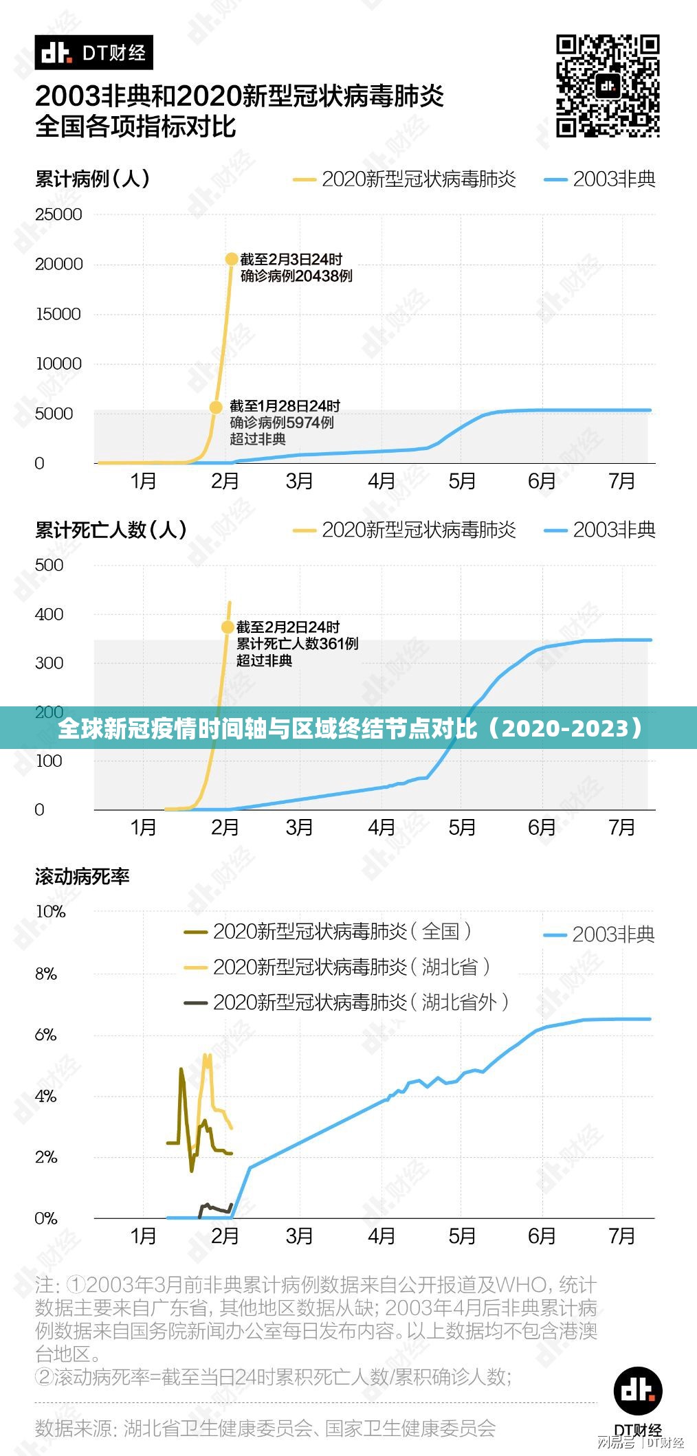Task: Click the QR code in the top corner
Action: pos(608,86)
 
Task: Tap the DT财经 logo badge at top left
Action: pos(93,53)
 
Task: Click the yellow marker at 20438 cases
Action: pos(232,259)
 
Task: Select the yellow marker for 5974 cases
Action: pos(216,407)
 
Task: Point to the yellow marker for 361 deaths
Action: pos(228,627)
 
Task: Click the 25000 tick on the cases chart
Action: pos(59,214)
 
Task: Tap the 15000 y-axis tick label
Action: pos(59,314)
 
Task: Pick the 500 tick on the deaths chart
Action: pos(49,565)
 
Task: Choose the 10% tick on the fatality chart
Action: pos(50,911)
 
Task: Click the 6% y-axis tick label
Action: pos(46,1035)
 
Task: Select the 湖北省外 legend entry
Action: pos(347,1003)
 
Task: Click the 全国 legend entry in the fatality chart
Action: pos(329,932)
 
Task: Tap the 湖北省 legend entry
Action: pos(338,967)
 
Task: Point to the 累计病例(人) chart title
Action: pos(92,179)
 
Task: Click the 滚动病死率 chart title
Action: pos(82,876)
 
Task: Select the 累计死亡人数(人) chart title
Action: pos(111,530)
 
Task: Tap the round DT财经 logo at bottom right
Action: pos(638,1391)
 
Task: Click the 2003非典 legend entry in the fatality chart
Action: pos(599,934)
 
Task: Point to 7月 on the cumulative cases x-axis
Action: pos(621,481)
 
